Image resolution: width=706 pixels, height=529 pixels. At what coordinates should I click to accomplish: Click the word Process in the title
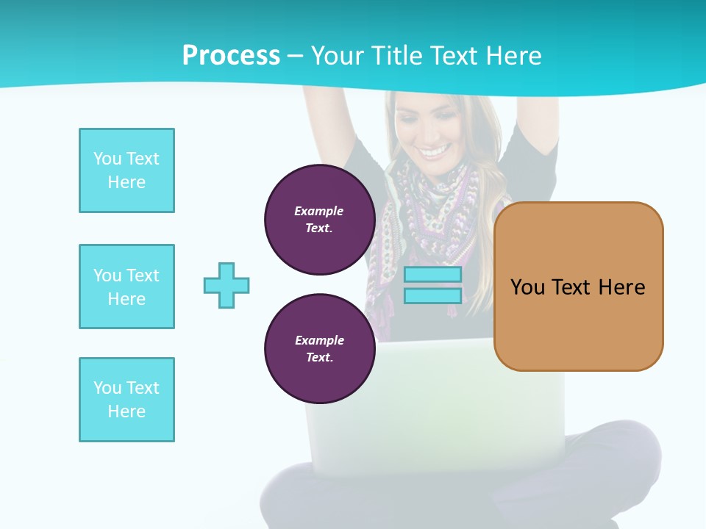(x=231, y=56)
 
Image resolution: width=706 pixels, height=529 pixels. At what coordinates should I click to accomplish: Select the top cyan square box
(x=126, y=170)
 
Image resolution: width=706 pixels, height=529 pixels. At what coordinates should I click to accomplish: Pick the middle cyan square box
(x=126, y=287)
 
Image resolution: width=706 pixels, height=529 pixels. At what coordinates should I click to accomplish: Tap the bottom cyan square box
(x=126, y=400)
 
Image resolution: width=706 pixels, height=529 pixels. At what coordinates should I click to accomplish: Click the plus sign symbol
(x=227, y=285)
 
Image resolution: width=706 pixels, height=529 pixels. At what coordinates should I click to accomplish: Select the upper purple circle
(x=319, y=220)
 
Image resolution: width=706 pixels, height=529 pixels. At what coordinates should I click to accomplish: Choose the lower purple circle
(x=319, y=349)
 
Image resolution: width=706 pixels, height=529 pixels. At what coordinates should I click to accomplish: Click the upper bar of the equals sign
(x=432, y=275)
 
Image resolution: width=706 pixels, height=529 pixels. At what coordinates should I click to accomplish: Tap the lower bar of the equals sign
(x=432, y=295)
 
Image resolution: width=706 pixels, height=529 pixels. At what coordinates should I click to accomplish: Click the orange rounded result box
(x=578, y=286)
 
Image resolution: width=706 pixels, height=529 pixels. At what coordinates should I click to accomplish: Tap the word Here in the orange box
(x=621, y=287)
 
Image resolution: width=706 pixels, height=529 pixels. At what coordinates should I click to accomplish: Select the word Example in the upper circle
(x=319, y=211)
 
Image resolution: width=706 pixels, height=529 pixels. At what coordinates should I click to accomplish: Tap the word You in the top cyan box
(x=107, y=159)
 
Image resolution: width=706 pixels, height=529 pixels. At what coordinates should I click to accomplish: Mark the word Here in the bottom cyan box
(x=126, y=411)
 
